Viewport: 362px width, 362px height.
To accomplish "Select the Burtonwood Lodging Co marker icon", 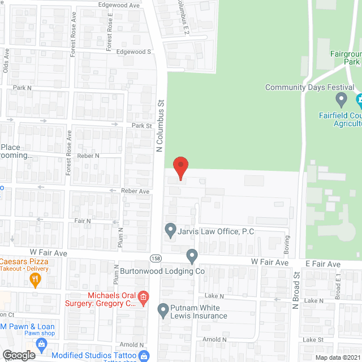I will [x=192, y=256].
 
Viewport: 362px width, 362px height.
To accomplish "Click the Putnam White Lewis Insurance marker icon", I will [x=163, y=310].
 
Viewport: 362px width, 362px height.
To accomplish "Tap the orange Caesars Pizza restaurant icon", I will [x=35, y=278].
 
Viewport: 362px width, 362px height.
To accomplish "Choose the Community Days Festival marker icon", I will [x=341, y=100].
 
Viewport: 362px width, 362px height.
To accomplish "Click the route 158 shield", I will [x=155, y=258].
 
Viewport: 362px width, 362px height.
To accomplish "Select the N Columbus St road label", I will [x=160, y=126].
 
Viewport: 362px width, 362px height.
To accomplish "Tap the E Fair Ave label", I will [x=324, y=264].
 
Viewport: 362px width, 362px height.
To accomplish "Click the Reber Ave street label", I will [x=135, y=191].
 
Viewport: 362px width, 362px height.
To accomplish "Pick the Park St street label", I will [x=142, y=126].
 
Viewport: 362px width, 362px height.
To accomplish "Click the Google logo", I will [x=19, y=355].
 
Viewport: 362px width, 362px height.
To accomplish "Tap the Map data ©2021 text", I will [x=337, y=357].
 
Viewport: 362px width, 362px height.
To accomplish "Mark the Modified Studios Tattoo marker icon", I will [x=144, y=356].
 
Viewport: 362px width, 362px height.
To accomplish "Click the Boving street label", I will [x=287, y=244].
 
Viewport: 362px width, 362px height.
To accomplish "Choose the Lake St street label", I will [x=312, y=340].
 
